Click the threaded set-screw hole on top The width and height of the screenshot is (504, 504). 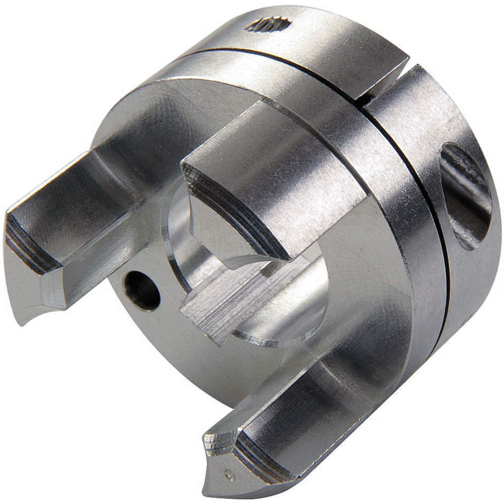pos(268,23)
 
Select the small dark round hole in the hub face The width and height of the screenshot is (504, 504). pos(142,290)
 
